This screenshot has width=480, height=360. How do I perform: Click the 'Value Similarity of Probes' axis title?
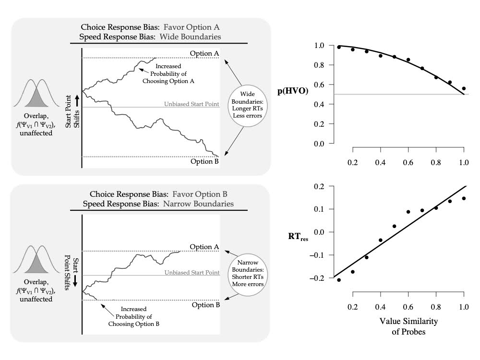pos(408,325)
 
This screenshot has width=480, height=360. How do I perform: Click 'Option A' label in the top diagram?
pos(204,53)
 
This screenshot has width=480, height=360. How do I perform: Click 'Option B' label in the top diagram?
pos(204,162)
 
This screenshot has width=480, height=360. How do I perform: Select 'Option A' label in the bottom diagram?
pos(204,247)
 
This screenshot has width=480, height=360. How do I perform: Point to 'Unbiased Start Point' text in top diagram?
pos(192,103)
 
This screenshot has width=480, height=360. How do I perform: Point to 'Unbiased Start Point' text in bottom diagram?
pos(192,272)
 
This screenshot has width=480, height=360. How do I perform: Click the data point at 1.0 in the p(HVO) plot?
pos(464,88)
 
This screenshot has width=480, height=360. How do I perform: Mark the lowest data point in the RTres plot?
pos(339,280)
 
